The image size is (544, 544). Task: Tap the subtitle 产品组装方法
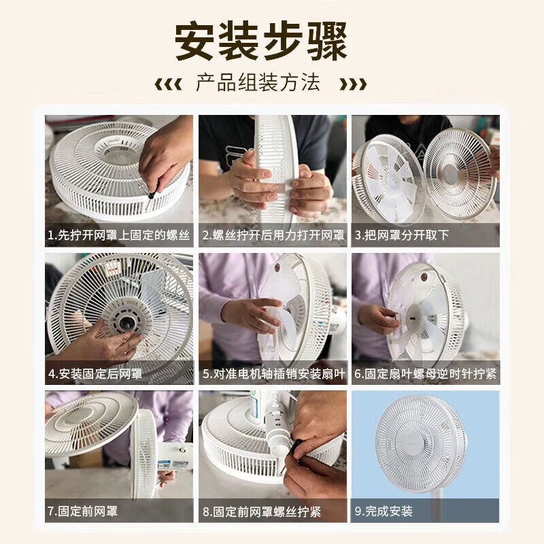point(258,84)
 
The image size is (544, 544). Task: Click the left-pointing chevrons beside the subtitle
point(168,84)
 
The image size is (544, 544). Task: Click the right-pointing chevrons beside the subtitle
point(353,84)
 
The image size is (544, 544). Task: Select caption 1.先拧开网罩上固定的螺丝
point(119,236)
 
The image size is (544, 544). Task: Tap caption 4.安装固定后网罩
point(95,374)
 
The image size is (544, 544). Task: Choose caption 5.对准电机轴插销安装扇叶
point(273,374)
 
